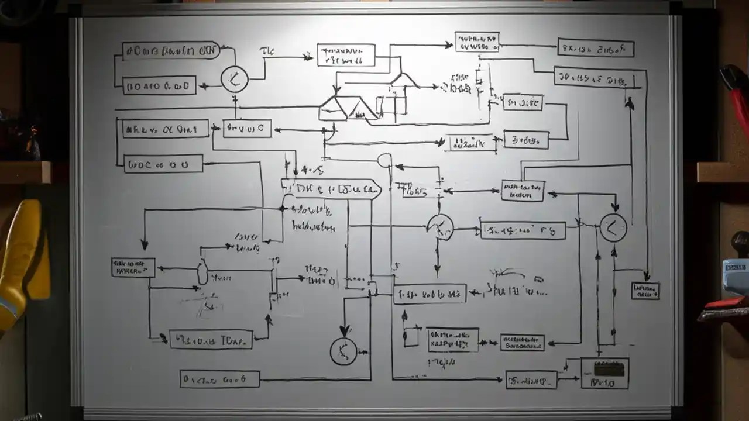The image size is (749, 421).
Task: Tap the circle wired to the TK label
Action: point(234,80)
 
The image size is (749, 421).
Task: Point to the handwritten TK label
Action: point(266,51)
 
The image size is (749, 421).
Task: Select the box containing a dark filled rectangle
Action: point(604,373)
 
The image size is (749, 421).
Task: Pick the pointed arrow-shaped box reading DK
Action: point(331,189)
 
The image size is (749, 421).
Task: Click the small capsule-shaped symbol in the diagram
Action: point(202,272)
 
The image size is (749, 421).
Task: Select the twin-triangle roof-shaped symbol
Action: point(349,108)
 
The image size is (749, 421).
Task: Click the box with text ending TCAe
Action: point(211,339)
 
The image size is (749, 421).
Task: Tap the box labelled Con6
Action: point(219,379)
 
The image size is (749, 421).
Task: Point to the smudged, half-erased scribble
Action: point(202,304)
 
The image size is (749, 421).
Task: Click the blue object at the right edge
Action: point(736,275)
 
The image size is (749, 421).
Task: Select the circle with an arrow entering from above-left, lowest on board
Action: point(343,351)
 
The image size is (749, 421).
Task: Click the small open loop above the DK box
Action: point(385,160)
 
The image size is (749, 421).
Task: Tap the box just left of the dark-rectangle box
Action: point(531,380)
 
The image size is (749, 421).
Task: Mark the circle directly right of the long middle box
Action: point(613,228)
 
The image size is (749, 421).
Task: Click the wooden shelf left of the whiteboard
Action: point(26,172)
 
